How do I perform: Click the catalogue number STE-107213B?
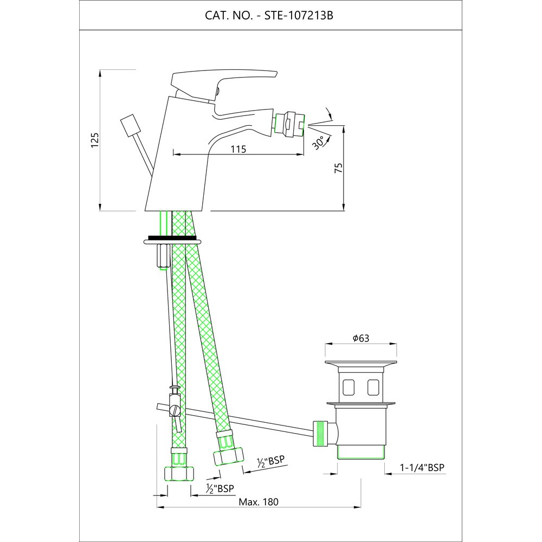pyautogui.click(x=299, y=16)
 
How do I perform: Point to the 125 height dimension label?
pyautogui.click(x=95, y=140)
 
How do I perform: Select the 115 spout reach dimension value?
pyautogui.click(x=238, y=149)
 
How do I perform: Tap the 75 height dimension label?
pyautogui.click(x=339, y=167)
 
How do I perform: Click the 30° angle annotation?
pyautogui.click(x=319, y=143)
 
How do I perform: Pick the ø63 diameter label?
pyautogui.click(x=361, y=338)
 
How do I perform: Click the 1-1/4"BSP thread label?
pyautogui.click(x=422, y=467)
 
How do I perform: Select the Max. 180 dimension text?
pyautogui.click(x=259, y=501)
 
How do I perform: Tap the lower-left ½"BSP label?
pyautogui.click(x=220, y=489)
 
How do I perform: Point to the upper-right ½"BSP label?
pyautogui.click(x=271, y=462)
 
